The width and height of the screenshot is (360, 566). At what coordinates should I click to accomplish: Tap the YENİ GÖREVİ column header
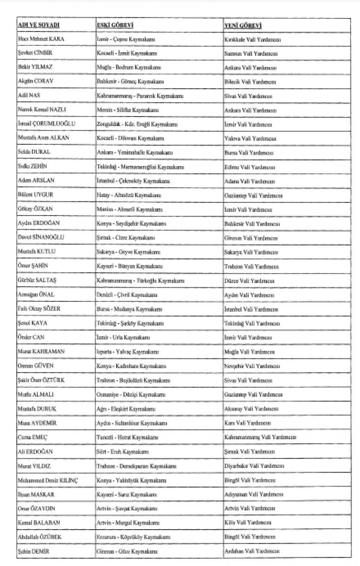pyautogui.click(x=243, y=25)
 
